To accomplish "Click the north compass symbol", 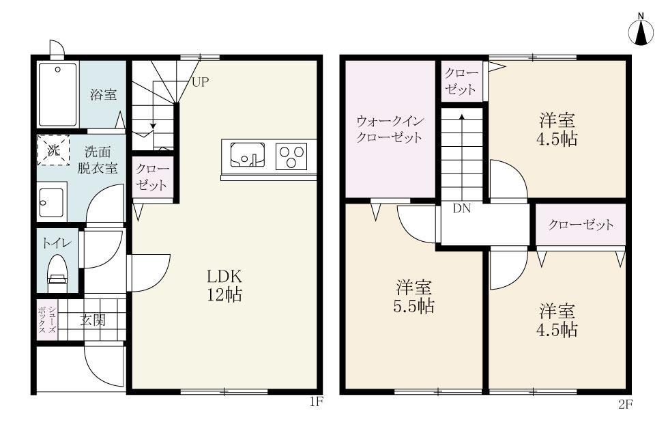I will pos(641,30).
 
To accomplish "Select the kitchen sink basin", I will pos(245,155).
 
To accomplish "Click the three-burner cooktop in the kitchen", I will pos(291,156).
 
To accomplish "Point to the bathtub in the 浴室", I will pos(57,94).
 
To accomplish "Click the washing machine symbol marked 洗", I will pos(53,150).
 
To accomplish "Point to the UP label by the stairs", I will pos(200,83).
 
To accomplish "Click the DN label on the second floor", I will pos(462,209).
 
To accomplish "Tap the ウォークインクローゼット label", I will pos(390,128).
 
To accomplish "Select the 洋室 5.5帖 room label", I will pos(415,296).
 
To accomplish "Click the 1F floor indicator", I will pos(315,402).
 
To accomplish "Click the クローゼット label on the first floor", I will pos(152,177).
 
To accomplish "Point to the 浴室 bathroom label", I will pos(104,95).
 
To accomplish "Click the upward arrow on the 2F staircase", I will pos(462,117).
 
